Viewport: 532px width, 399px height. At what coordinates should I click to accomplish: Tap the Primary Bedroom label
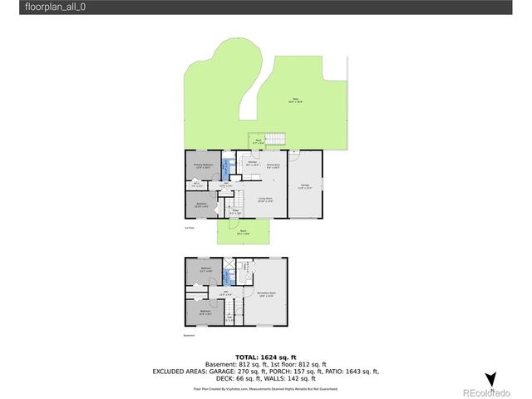pos(204,166)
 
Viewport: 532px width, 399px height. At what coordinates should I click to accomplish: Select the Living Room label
pos(266,199)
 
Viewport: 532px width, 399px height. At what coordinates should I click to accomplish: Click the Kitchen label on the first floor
pos(252,164)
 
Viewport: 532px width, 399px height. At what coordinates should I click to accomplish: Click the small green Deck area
pos(258,142)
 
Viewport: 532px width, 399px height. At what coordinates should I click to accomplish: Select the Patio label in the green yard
pos(295,101)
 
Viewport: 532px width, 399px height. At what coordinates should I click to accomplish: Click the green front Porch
pos(244,232)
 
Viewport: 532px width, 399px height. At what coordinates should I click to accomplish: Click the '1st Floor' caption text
pos(189,227)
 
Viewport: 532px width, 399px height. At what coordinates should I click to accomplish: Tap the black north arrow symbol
pos(490,379)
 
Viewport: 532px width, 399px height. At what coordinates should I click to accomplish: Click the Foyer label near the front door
pos(235,212)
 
